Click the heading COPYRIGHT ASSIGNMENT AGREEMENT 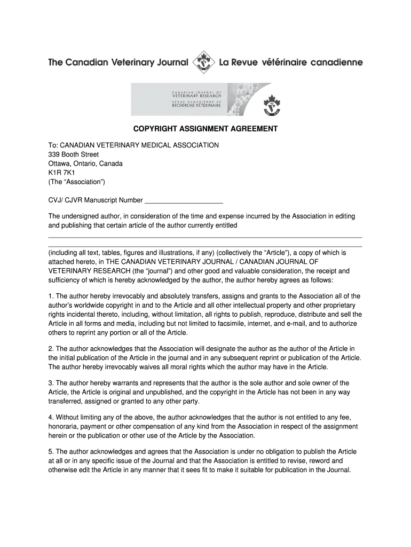tap(205, 129)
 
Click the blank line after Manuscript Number tap(184, 201)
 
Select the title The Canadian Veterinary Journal tap(118, 62)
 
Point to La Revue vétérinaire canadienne tap(291, 62)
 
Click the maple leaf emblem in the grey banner tap(272, 105)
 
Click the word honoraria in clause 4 tap(66, 426)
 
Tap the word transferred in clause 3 tap(67, 401)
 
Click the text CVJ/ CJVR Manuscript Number tap(96, 200)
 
